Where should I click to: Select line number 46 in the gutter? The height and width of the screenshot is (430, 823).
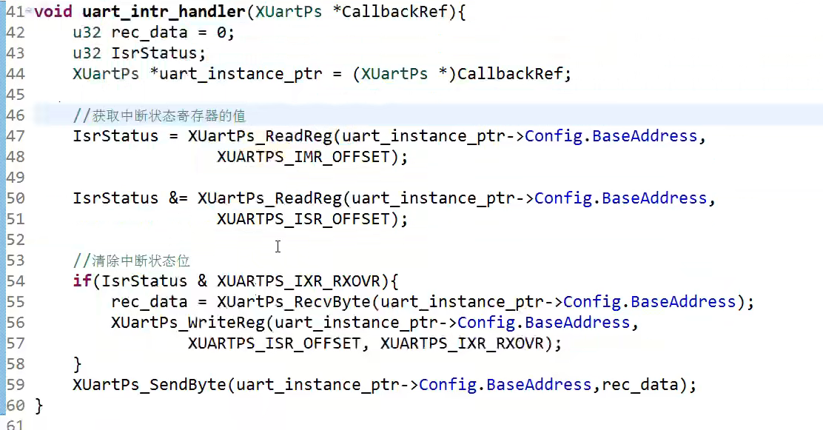tap(15, 115)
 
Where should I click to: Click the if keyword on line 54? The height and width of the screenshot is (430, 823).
tap(81, 281)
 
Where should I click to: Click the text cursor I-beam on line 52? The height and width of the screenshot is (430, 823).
tap(278, 246)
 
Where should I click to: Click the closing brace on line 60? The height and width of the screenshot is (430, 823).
tap(38, 406)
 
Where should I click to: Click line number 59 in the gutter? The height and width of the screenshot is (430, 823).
tap(15, 385)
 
